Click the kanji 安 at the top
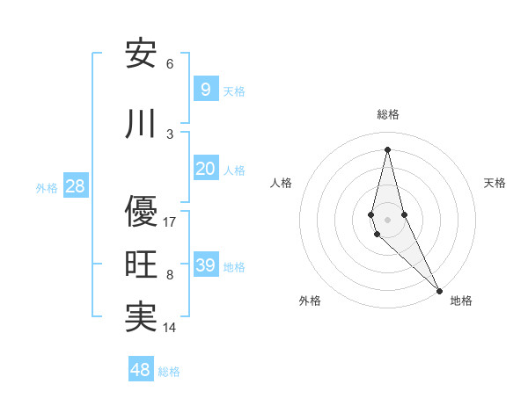[141, 54]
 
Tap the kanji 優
[141, 211]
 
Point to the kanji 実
[141, 318]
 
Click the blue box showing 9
[205, 90]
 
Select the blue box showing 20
[205, 169]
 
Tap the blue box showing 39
[205, 265]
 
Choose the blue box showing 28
[75, 186]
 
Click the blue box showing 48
[141, 370]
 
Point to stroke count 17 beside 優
[170, 222]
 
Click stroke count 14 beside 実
[170, 329]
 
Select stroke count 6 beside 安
[170, 64]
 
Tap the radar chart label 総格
[388, 114]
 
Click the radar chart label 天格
[495, 183]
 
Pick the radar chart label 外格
[310, 301]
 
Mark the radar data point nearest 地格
[439, 290]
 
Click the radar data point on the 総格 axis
[387, 149]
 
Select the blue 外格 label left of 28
[47, 187]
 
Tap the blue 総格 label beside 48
[169, 372]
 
